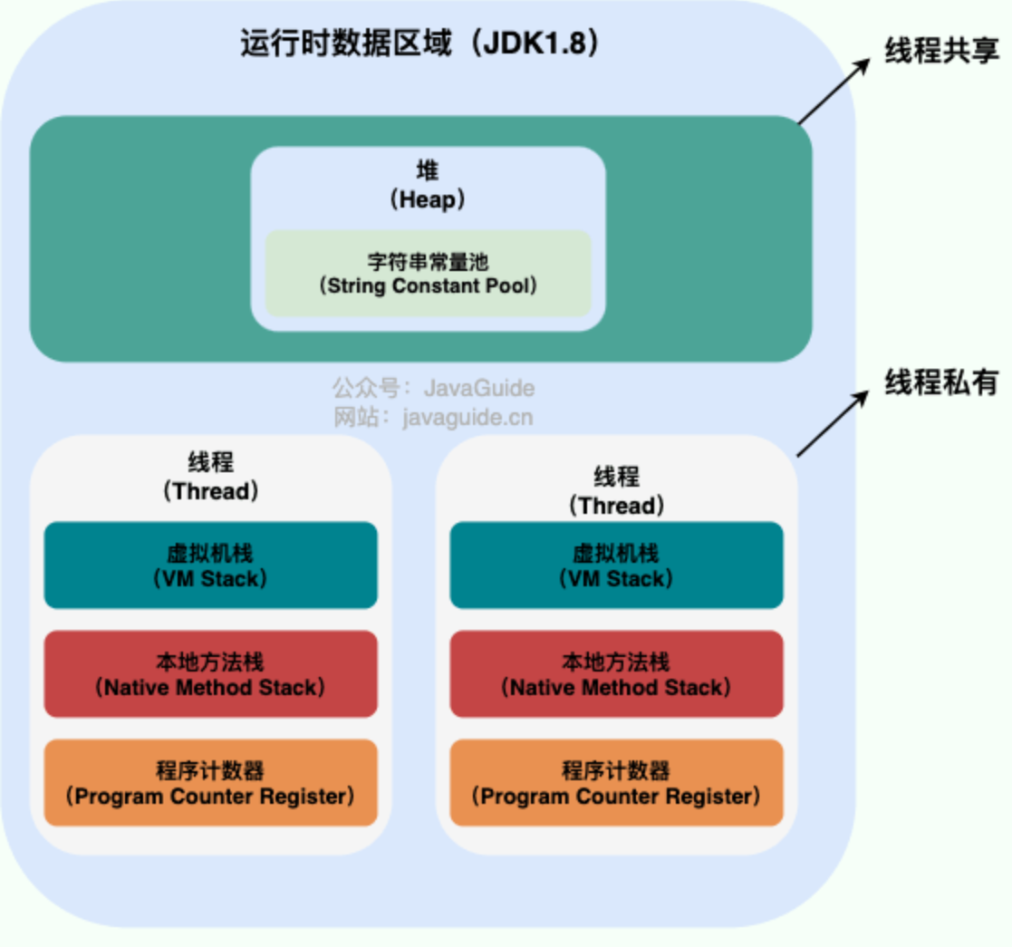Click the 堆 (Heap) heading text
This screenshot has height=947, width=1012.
[428, 186]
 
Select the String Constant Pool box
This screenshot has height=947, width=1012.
[428, 273]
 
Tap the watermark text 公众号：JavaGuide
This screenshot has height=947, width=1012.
[433, 389]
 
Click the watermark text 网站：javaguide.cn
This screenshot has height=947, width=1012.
[433, 417]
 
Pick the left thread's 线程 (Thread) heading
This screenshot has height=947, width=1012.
[210, 477]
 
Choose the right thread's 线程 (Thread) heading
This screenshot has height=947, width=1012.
[616, 490]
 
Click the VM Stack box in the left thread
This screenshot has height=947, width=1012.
[210, 565]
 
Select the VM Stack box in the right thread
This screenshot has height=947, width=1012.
[616, 565]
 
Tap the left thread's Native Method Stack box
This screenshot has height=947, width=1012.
[210, 673]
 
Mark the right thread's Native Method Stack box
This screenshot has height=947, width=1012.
[616, 673]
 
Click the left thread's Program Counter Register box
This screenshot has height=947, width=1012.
[210, 782]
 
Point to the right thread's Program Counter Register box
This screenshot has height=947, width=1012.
[616, 782]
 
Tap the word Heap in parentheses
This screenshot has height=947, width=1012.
[429, 200]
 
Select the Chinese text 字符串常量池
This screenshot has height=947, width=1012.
[428, 261]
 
